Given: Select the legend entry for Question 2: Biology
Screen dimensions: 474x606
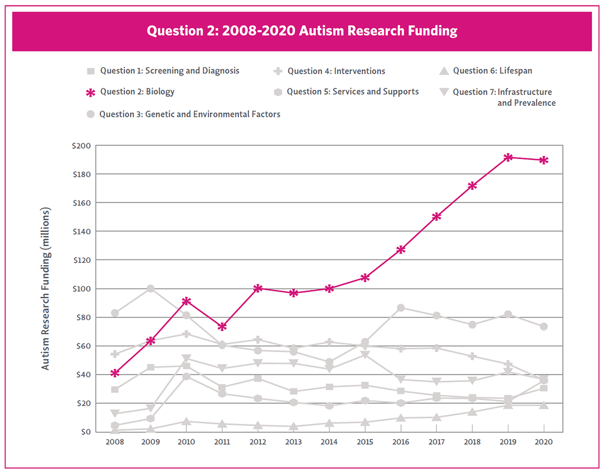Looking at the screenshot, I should [137, 92].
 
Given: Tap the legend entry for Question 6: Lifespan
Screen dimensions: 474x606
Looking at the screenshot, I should [493, 71].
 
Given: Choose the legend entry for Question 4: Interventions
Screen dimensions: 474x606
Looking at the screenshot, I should [336, 71].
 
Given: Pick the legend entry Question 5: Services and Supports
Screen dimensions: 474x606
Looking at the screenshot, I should [353, 91].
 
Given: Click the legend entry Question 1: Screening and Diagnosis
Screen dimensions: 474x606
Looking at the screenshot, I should [170, 71].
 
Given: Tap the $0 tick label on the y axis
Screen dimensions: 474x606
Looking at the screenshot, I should [85, 432].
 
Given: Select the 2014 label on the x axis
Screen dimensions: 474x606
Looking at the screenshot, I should [329, 441].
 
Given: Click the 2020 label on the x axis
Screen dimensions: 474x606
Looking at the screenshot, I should [544, 441].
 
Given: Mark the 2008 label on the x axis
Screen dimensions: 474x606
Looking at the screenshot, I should [115, 441].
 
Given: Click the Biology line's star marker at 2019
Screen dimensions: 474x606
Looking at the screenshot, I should [508, 158].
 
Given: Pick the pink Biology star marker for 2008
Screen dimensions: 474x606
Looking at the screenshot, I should [115, 373].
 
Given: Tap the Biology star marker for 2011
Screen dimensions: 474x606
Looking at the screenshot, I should [222, 327].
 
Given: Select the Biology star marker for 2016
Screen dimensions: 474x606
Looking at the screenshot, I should [401, 250].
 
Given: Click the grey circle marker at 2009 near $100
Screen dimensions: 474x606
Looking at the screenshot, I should [150, 288].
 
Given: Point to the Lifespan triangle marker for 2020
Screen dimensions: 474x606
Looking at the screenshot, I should [544, 405].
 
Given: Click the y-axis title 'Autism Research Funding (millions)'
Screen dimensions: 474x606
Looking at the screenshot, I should [46, 289].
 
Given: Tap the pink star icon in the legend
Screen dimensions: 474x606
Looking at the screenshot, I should [91, 93].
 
